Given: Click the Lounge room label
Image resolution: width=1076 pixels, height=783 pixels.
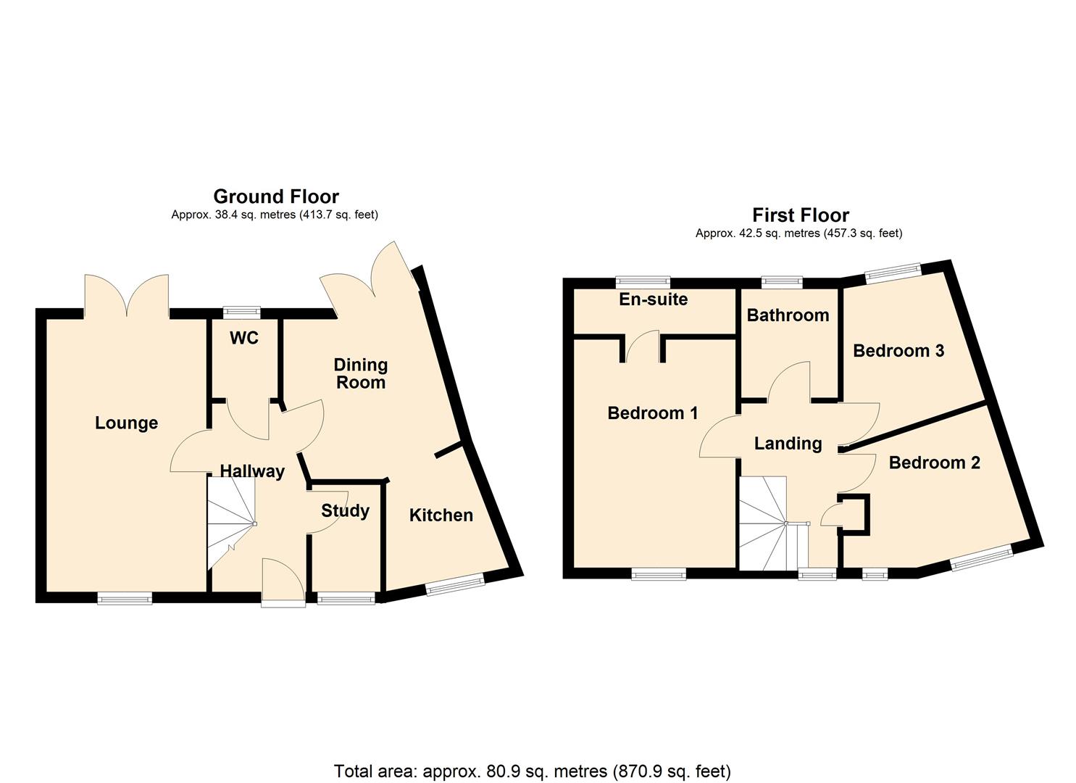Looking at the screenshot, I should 126,423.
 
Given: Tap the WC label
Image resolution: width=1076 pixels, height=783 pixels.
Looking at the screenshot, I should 244,339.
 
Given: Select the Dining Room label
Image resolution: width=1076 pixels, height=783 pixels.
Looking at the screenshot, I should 360,373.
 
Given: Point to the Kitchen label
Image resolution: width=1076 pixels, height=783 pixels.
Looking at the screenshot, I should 441,515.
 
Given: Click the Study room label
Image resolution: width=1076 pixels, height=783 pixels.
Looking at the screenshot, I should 345,510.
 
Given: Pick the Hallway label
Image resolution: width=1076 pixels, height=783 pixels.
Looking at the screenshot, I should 252,471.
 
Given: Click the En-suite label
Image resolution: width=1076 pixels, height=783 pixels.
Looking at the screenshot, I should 653,299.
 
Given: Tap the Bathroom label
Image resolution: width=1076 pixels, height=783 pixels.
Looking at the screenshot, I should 788,315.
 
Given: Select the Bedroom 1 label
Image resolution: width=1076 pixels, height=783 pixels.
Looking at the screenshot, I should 652,413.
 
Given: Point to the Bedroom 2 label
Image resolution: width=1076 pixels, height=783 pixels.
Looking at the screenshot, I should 934,463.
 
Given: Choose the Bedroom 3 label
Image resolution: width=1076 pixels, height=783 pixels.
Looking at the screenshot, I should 898,351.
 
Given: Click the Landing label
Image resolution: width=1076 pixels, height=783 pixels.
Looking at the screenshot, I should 788,444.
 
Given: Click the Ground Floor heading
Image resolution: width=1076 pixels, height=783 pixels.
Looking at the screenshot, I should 275,196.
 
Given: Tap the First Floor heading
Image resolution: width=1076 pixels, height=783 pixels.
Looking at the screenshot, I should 800,215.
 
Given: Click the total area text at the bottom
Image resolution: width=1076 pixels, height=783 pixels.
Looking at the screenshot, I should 532,771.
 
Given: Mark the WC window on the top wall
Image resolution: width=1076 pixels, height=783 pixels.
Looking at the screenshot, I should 241,312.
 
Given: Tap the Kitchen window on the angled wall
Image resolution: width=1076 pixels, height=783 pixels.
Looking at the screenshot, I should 455,585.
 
